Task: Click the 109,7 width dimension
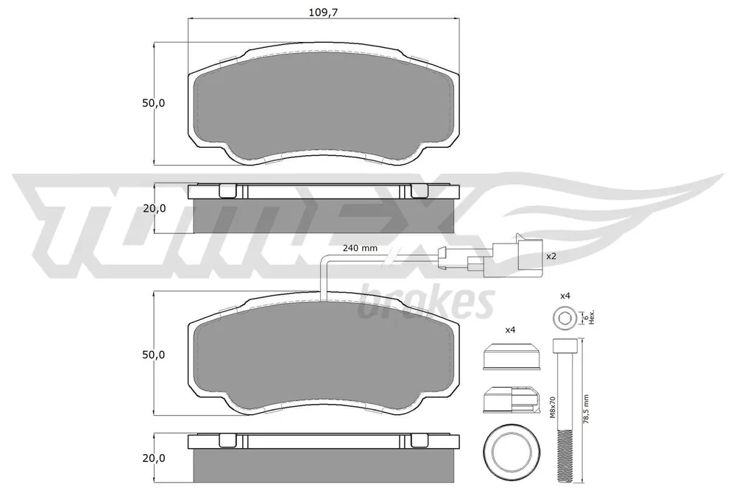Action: pos(323,13)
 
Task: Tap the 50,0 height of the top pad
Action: pos(154,103)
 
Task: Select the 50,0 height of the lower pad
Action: pos(154,355)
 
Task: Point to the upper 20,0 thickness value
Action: pos(155,208)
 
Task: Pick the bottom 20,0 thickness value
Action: pos(155,458)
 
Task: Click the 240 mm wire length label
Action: pos(360,248)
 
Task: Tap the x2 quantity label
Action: pos(551,256)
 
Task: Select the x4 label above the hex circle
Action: pos(565,296)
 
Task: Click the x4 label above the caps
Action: pos(510,330)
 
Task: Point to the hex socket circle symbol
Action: pos(563,319)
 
